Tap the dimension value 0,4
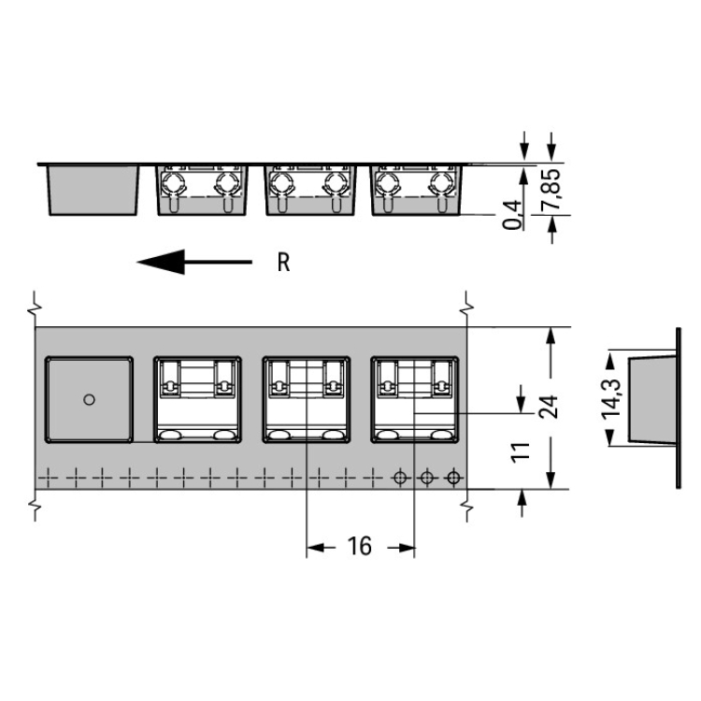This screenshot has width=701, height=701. [512, 215]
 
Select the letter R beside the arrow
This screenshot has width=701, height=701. [283, 263]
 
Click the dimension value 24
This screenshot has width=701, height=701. [549, 407]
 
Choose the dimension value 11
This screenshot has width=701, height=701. [520, 452]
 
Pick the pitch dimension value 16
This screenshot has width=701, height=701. [360, 547]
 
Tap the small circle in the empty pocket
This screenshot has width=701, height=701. [90, 399]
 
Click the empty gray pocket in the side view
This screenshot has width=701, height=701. [93, 190]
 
